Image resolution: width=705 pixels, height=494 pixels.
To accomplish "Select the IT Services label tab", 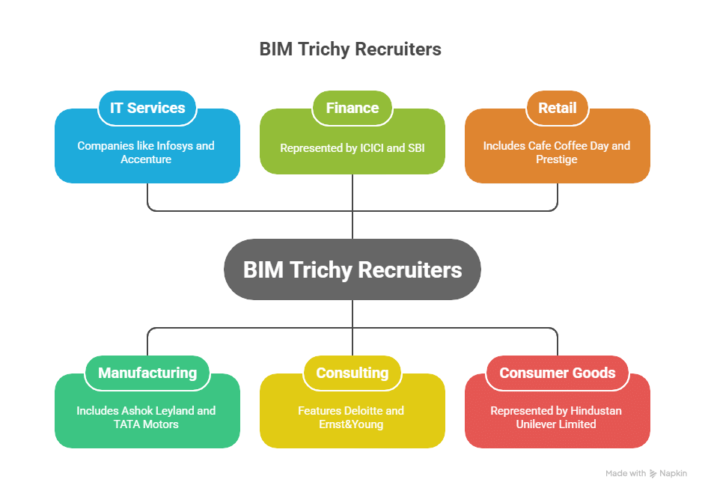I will (147, 108).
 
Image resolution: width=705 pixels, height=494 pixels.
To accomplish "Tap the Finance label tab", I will (352, 108).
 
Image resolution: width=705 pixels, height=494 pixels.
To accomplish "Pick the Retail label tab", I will (558, 108).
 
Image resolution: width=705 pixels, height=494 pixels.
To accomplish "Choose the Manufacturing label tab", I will (147, 373).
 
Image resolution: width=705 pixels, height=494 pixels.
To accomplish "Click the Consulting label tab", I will (352, 373).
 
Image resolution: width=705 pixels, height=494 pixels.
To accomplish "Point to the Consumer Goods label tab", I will (558, 373).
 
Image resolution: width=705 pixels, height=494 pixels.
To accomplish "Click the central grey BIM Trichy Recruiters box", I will (352, 269).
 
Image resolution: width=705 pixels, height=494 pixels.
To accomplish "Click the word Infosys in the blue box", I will (174, 146).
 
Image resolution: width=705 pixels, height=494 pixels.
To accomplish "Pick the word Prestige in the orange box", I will (557, 159).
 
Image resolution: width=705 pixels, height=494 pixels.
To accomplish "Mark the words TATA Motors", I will (147, 424).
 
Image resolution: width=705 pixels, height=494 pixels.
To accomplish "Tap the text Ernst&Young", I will (352, 424).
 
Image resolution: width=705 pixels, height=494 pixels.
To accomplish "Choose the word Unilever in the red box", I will (537, 424).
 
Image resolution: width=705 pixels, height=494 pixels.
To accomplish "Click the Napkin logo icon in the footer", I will (653, 474).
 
